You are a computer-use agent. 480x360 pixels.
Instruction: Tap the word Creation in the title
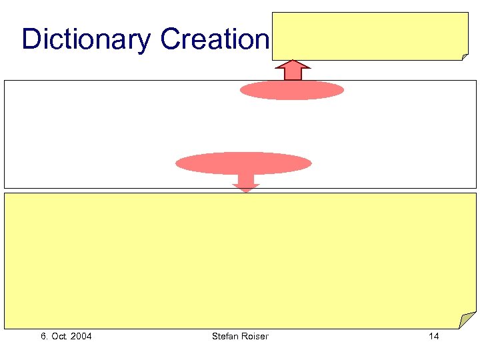214,40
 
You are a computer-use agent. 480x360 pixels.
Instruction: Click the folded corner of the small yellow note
465,56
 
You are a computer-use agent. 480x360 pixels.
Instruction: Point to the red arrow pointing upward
293,70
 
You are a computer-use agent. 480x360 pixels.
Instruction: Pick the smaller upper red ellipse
292,90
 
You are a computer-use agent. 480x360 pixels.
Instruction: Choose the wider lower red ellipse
243,163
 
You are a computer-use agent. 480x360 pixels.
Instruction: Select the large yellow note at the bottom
240,260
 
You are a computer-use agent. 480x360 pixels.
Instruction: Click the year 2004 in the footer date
81,336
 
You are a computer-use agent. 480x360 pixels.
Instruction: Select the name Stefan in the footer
224,336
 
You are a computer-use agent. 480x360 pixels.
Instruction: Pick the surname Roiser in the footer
255,336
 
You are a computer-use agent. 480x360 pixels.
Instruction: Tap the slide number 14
433,336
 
